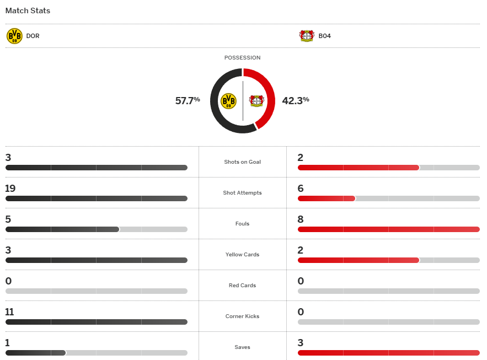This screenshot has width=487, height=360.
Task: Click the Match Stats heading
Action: click(28, 10)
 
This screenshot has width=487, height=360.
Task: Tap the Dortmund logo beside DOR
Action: click(14, 36)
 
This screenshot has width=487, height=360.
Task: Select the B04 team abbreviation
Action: click(324, 36)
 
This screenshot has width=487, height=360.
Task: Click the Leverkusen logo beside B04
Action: click(307, 36)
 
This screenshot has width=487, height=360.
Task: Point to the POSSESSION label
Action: click(242, 58)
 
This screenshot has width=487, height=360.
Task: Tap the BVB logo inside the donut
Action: click(228, 101)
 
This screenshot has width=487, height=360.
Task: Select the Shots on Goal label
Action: click(242, 162)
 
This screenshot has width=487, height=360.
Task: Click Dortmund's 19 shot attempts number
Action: click(10, 189)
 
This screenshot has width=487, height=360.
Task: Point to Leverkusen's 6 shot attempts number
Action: click(301, 189)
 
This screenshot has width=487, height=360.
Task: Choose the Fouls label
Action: click(242, 224)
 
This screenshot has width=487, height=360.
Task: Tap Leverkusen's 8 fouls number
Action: click(301, 219)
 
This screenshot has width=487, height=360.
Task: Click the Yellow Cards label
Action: click(242, 255)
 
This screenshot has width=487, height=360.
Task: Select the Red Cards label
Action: click(242, 286)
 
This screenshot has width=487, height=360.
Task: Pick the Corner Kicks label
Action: click(242, 316)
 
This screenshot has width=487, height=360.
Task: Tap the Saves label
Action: click(242, 347)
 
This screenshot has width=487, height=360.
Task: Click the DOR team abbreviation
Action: click(33, 36)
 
